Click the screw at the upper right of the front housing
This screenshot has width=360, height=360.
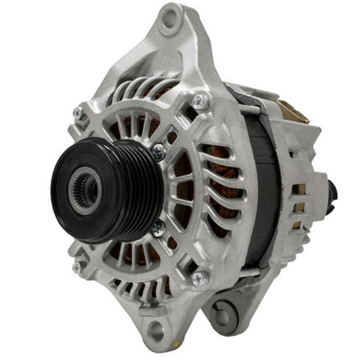199,101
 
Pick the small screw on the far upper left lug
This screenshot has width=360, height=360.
78,112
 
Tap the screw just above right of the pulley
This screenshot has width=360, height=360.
158,151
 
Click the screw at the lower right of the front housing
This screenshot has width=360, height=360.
199,278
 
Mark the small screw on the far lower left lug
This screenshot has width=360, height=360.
77,266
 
